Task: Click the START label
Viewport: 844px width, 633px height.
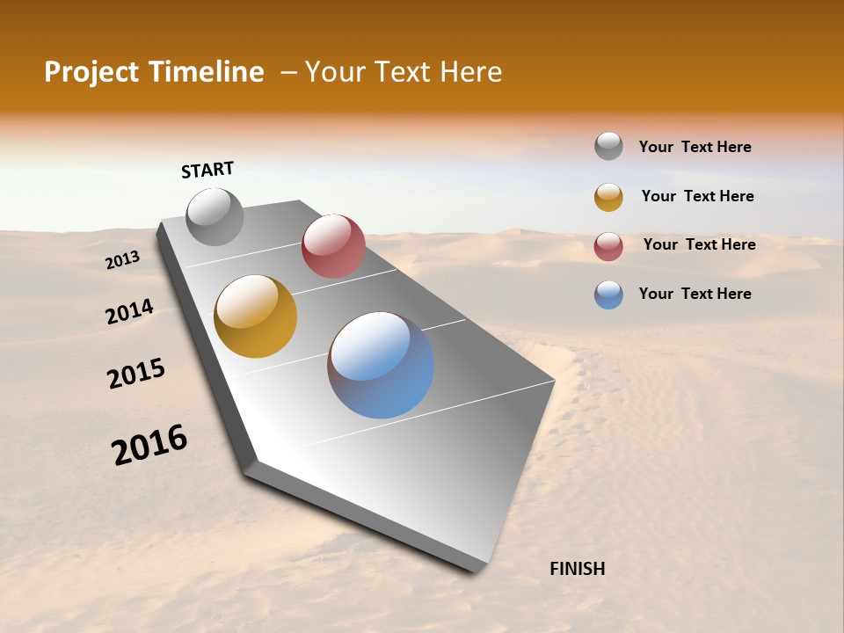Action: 207,170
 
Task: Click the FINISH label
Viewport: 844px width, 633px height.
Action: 577,569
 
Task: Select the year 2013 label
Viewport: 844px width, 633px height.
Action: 122,260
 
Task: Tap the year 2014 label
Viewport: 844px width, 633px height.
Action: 129,312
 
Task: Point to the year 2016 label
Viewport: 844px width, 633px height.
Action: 149,445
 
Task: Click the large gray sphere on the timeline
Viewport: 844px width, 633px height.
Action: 215,216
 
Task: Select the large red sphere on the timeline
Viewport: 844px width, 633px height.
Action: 333,246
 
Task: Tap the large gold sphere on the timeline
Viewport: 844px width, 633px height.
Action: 256,316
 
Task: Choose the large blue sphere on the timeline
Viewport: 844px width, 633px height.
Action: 381,365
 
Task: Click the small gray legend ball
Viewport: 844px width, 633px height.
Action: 608,147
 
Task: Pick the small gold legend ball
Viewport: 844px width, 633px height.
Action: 608,197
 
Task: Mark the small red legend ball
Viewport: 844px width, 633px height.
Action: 608,246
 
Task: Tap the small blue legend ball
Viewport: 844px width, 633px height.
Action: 608,295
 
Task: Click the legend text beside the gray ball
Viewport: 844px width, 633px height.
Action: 695,147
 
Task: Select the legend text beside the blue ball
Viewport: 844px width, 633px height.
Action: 695,294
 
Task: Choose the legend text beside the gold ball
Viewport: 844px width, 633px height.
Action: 697,196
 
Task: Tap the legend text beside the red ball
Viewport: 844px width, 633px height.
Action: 699,244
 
